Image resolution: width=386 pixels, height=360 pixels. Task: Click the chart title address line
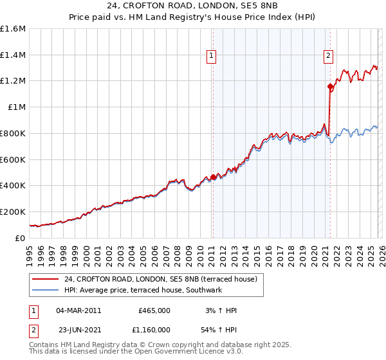(x=192, y=5)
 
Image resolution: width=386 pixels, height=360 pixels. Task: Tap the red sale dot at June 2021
(x=330, y=86)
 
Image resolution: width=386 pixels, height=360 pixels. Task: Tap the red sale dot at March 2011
(x=213, y=177)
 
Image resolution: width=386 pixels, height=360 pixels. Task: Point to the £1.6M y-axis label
(x=13, y=29)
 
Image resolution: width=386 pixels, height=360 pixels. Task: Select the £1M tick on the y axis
(x=17, y=107)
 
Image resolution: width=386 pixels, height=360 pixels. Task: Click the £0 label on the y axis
(x=21, y=238)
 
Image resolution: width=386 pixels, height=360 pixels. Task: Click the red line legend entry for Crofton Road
(x=160, y=279)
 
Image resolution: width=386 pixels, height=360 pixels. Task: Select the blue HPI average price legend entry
(x=142, y=290)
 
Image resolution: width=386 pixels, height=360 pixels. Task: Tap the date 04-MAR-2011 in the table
(x=78, y=310)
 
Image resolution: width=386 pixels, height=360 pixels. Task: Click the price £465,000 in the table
(x=154, y=310)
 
